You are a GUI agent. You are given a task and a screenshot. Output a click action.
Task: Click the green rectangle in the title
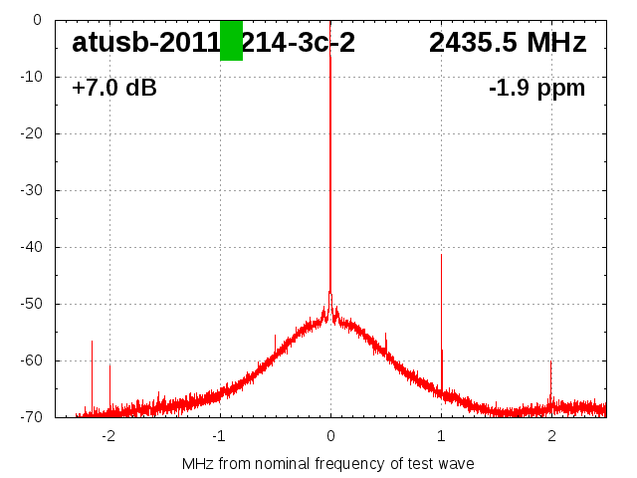[231, 41]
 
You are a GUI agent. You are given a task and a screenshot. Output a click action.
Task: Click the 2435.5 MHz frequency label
[508, 43]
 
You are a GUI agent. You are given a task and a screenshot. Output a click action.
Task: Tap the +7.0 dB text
[114, 89]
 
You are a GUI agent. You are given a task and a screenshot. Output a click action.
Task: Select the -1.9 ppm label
[536, 89]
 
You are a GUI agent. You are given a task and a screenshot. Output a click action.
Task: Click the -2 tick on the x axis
[107, 435]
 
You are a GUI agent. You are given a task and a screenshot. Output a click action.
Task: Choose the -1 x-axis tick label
[218, 435]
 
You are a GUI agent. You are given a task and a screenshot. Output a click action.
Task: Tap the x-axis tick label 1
[441, 435]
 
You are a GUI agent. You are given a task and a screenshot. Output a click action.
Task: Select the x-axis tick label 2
[551, 435]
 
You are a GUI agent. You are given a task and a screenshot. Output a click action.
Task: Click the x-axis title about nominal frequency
[328, 463]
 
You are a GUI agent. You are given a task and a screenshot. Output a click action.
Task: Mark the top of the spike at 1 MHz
[441, 256]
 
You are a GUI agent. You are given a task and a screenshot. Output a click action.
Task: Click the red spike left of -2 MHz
[92, 343]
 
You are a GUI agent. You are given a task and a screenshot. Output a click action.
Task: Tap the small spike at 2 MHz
[550, 364]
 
